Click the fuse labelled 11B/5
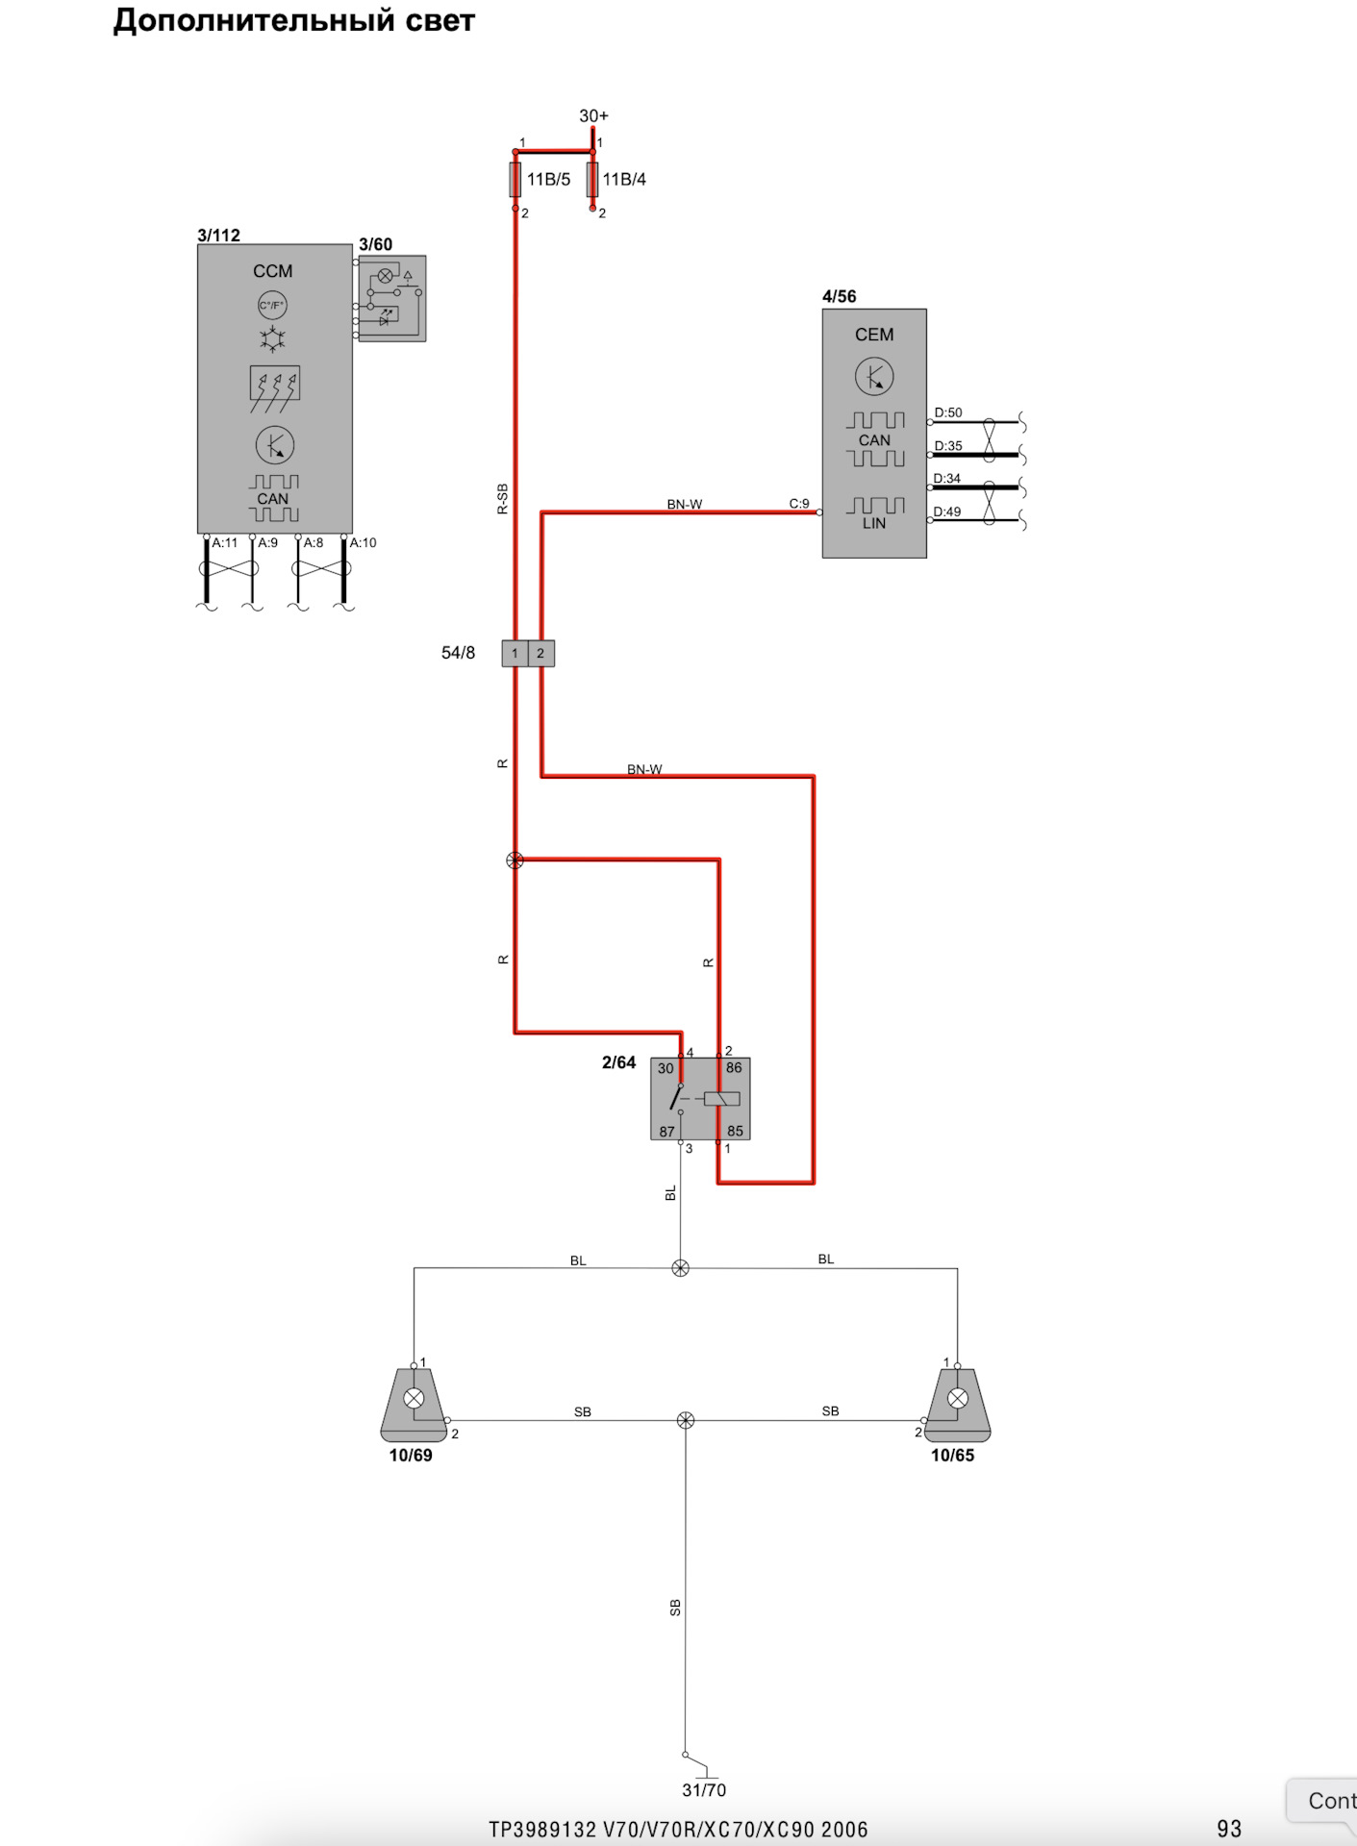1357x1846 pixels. (x=515, y=180)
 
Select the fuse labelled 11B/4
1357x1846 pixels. (x=592, y=180)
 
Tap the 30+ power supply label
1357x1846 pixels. (x=593, y=116)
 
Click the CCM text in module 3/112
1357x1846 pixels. (x=273, y=271)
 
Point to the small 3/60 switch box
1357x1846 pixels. (x=392, y=298)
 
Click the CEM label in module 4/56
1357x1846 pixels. (x=874, y=335)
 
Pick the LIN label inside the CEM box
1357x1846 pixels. (x=874, y=524)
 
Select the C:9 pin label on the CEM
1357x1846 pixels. (x=799, y=504)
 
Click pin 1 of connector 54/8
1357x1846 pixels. (x=515, y=654)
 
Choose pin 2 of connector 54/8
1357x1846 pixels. (x=540, y=654)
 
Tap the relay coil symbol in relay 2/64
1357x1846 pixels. (x=721, y=1099)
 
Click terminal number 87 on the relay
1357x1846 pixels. (x=666, y=1132)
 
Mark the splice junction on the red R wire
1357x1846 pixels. (x=515, y=861)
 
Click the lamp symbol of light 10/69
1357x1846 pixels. (x=414, y=1399)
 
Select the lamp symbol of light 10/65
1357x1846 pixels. (x=958, y=1399)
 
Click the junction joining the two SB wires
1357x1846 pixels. (x=686, y=1420)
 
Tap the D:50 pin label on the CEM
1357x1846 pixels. (x=948, y=413)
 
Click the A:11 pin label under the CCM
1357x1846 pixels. (x=225, y=543)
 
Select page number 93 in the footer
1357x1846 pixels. (x=1229, y=1829)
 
